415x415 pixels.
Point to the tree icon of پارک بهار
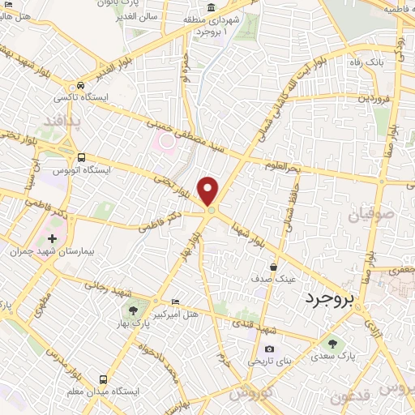pos(130,311)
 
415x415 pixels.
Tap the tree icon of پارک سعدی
pos(332,342)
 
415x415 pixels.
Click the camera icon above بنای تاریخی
pos(269,350)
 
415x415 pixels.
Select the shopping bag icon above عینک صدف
pos(274,266)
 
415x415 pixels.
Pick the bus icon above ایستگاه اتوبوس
pos(81,157)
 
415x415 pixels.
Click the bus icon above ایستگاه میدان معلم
pos(102,379)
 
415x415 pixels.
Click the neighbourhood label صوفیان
pos(370,215)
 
